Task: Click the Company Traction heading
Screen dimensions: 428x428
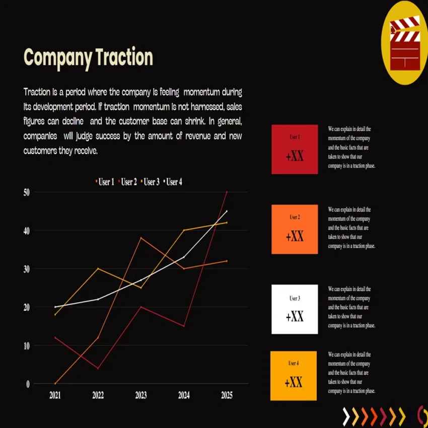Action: [x=89, y=57]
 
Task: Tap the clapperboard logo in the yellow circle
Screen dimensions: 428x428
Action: [x=405, y=43]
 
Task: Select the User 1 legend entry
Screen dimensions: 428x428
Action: [x=106, y=182]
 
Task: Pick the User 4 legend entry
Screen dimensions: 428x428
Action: [x=173, y=182]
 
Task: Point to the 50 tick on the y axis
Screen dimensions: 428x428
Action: [x=26, y=192]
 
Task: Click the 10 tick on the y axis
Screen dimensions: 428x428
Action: [x=26, y=346]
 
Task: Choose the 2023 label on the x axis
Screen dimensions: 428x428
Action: [x=141, y=395]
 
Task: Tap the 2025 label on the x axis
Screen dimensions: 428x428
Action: [x=227, y=395]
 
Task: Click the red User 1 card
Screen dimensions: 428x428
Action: [x=295, y=149]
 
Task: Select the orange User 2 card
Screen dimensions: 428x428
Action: [x=295, y=229]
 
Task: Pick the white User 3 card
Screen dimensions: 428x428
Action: [x=295, y=309]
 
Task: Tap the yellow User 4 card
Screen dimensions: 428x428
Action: [x=294, y=376]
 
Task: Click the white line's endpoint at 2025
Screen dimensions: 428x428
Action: [x=227, y=211]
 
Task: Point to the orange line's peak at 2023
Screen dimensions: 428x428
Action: [x=141, y=238]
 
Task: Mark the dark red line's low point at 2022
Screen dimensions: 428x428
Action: [x=98, y=368]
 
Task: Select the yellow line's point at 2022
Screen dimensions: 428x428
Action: [x=98, y=268]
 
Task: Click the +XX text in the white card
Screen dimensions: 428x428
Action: [x=295, y=317]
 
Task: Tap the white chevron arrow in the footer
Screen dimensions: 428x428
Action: [x=346, y=416]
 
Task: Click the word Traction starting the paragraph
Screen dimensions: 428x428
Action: [x=37, y=92]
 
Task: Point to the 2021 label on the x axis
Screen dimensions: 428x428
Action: [x=55, y=395]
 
